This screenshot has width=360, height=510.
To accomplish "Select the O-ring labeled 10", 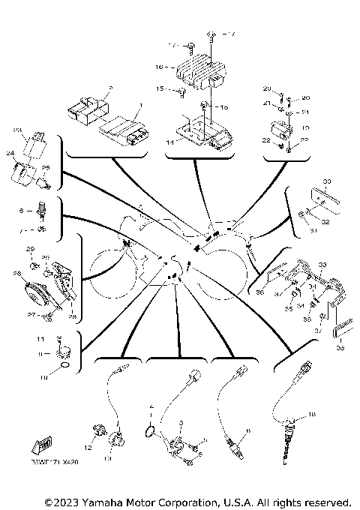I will click(x=65, y=367).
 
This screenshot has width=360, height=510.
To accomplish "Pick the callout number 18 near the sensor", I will click(x=312, y=414).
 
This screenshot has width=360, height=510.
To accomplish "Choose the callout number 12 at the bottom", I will click(x=88, y=448).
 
